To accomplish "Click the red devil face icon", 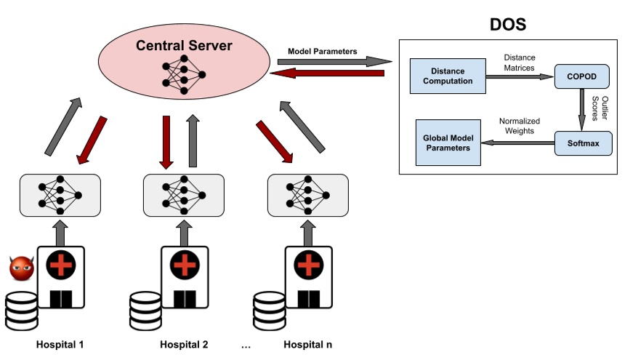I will [x=21, y=268].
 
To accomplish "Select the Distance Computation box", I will [x=447, y=76].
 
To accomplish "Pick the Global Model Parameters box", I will [x=447, y=143].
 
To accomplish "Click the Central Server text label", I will [x=185, y=46].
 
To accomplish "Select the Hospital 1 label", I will [x=60, y=344].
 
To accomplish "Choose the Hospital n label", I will [x=308, y=344].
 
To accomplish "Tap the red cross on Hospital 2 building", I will [x=185, y=265].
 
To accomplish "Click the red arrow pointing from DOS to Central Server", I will [x=331, y=73].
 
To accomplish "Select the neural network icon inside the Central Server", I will [x=185, y=75].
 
